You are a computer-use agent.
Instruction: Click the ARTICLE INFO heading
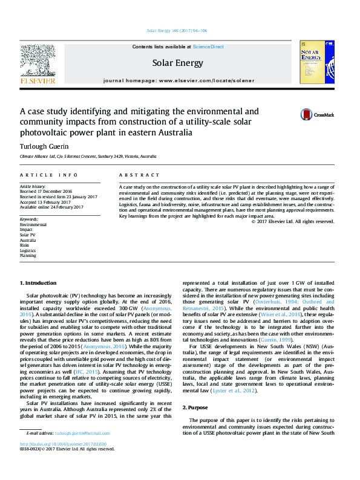(x=49, y=175)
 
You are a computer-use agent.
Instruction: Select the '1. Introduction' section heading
(x=39, y=283)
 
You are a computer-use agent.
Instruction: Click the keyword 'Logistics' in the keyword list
(x=28, y=250)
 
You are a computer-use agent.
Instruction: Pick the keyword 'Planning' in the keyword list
(x=28, y=255)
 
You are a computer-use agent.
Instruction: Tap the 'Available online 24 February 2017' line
(x=52, y=207)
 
